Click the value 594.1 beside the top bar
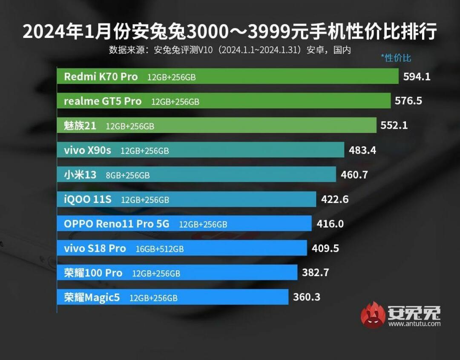[417, 77]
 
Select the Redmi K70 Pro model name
[101, 77]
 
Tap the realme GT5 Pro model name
[102, 101]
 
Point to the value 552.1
[394, 126]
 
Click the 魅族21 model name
[80, 126]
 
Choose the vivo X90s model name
[87, 150]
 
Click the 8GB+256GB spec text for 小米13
[128, 175]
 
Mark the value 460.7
[354, 174]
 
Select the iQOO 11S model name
[88, 199]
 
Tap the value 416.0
[330, 223]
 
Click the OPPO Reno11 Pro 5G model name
[116, 224]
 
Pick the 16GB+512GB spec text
[159, 249]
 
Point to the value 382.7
[315, 272]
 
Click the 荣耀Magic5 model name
[92, 297]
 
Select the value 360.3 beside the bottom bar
[306, 297]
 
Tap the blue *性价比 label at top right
[396, 58]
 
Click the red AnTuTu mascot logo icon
[373, 315]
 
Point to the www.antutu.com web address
[414, 324]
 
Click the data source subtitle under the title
[230, 50]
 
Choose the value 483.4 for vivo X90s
[362, 150]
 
